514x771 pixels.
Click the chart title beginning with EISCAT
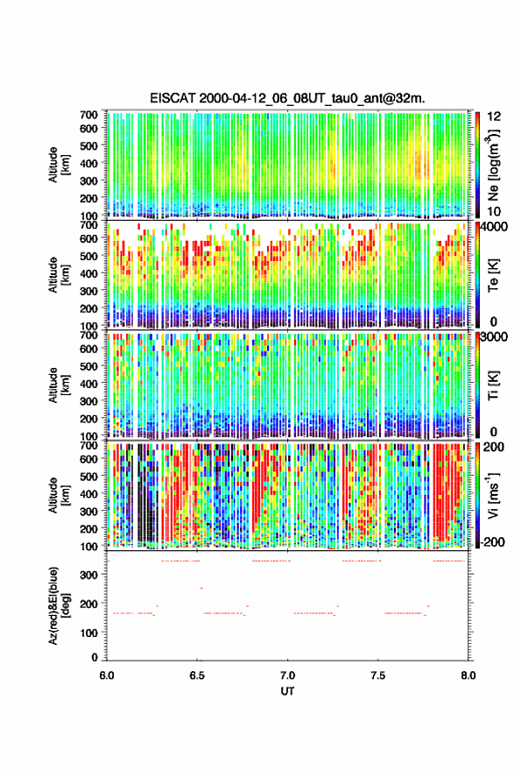click(x=287, y=98)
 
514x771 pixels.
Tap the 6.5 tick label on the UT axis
click(x=196, y=676)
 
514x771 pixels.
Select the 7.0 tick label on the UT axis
click(x=287, y=676)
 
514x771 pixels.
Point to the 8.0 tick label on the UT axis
click(x=468, y=676)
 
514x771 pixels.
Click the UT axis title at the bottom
click(x=287, y=691)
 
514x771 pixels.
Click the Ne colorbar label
click(x=493, y=165)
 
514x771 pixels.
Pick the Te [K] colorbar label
click(x=493, y=275)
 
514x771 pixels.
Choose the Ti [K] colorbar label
click(x=493, y=385)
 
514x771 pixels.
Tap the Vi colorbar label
click(x=493, y=495)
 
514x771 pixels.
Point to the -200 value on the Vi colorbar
click(x=492, y=541)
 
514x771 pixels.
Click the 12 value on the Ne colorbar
click(x=495, y=117)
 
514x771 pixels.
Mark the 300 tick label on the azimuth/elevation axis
click(x=88, y=575)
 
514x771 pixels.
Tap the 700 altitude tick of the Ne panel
click(x=88, y=115)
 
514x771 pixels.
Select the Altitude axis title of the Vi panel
click(x=59, y=495)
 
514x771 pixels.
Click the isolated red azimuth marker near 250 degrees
click(x=201, y=588)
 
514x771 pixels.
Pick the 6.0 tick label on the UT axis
click(x=107, y=676)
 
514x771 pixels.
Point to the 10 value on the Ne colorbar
click(x=495, y=211)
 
